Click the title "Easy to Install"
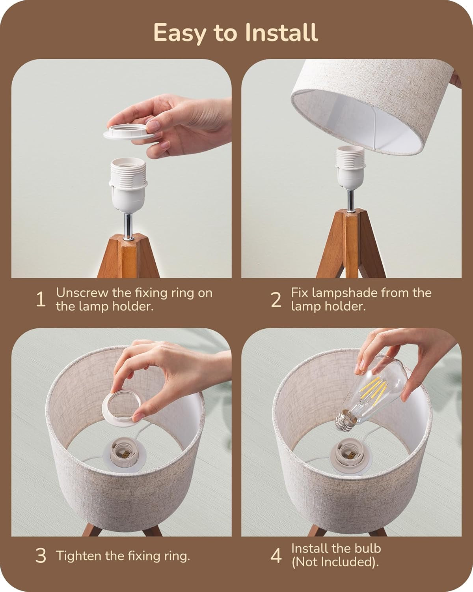(x=236, y=32)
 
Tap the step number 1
(x=41, y=300)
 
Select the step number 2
(x=276, y=300)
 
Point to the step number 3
(x=41, y=556)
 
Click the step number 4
(x=276, y=556)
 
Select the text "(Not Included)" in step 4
(x=335, y=562)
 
